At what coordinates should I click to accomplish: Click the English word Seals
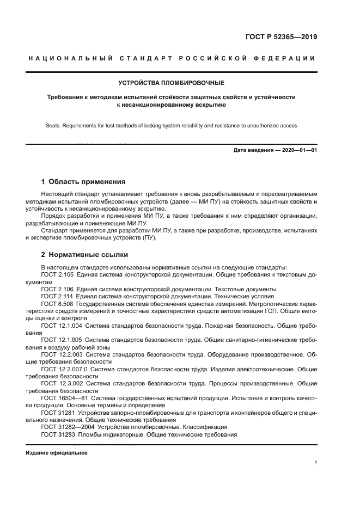pos(55,125)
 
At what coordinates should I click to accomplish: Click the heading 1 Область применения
pos(83,182)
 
